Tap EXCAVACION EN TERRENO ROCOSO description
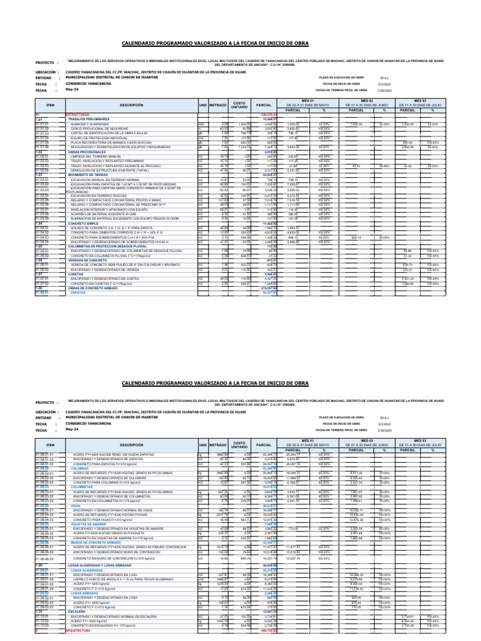[x=98, y=197]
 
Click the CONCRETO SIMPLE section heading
[x=84, y=223]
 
